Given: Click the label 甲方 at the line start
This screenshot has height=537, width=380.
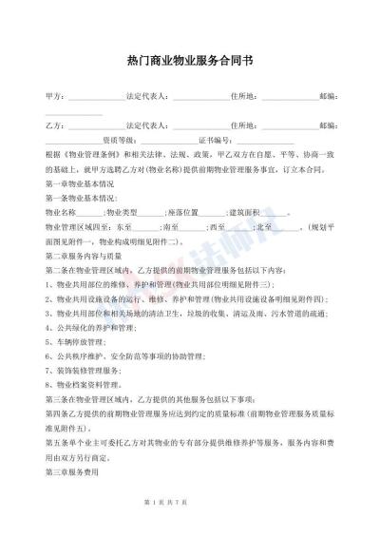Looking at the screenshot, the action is click(54, 97).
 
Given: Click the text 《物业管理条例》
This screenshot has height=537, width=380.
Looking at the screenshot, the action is click(95, 153).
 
